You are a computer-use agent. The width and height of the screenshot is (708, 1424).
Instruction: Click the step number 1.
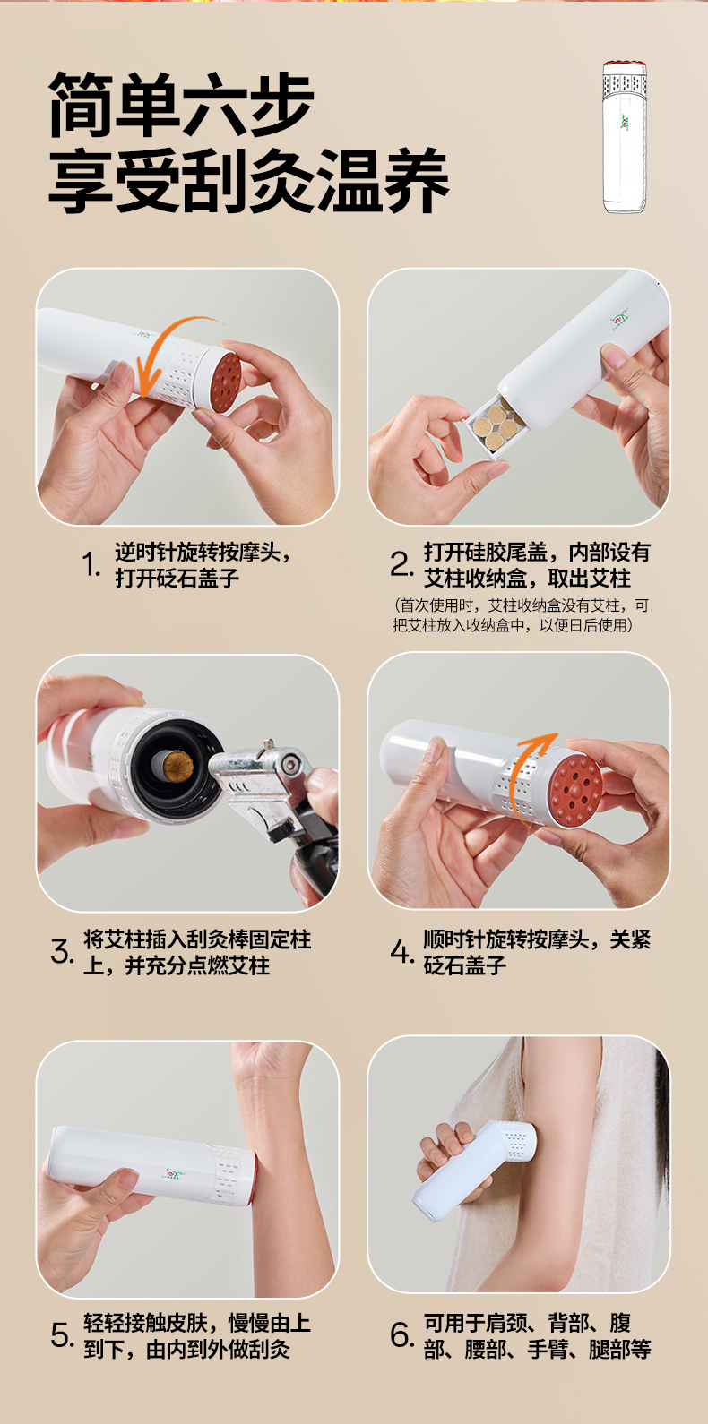(x=91, y=564)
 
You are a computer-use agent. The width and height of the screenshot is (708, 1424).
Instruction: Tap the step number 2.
(x=402, y=564)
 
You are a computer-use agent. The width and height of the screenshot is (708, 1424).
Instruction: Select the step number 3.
(x=62, y=952)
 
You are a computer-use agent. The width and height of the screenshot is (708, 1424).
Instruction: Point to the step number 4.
(x=402, y=952)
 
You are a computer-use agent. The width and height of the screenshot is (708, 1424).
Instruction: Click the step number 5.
(x=62, y=1335)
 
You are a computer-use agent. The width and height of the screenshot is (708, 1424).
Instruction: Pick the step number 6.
(x=402, y=1335)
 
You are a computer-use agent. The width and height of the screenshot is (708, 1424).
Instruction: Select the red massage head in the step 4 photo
(x=575, y=792)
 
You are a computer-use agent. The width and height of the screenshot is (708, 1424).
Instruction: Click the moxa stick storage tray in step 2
(x=494, y=425)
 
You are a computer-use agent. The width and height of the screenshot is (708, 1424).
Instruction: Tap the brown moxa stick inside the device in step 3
(x=178, y=768)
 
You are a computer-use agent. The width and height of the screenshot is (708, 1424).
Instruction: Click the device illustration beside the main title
(x=625, y=136)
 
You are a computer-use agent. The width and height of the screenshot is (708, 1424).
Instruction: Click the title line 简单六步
(x=181, y=104)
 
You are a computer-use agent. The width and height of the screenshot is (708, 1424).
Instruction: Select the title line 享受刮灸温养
(x=249, y=181)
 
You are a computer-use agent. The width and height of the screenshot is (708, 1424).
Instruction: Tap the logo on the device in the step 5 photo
(x=173, y=1173)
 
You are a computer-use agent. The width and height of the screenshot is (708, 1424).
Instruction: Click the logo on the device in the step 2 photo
(x=619, y=318)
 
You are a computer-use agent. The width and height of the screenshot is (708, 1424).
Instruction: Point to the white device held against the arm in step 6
(x=476, y=1170)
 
